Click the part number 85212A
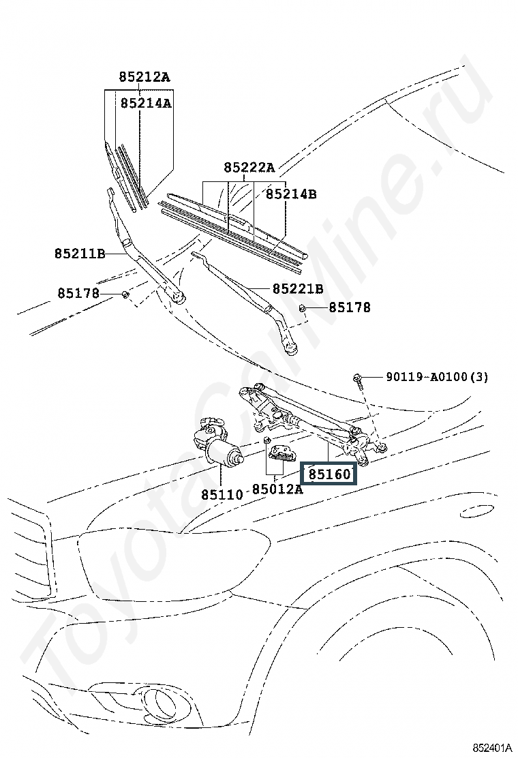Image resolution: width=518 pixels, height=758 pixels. point(144,77)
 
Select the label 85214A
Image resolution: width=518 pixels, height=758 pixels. point(146,103)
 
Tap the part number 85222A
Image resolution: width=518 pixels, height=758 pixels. point(249,167)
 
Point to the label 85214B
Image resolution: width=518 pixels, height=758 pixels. point(291,194)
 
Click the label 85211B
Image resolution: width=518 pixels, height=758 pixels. point(80,254)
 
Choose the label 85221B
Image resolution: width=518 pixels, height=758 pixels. point(298,289)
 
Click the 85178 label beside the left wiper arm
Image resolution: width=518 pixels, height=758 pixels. point(78,293)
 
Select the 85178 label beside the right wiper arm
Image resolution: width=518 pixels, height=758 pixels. point(350,307)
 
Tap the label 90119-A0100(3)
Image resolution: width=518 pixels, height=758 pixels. point(437,376)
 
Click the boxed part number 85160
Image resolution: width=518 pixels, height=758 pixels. point(329,474)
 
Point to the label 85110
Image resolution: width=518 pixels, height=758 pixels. point(222,494)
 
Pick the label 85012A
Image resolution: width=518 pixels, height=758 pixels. point(277,489)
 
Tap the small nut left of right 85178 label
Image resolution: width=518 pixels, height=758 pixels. point(301,309)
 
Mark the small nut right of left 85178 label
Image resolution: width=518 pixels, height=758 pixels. point(125,294)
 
